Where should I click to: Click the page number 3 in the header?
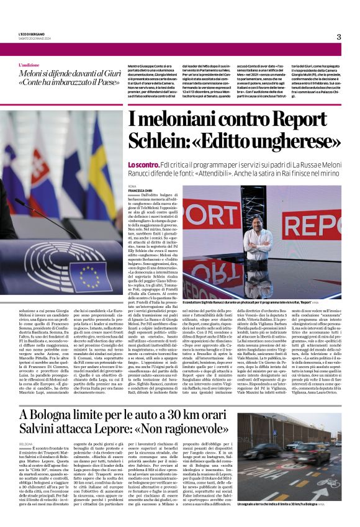338,37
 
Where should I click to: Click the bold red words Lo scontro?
143,164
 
